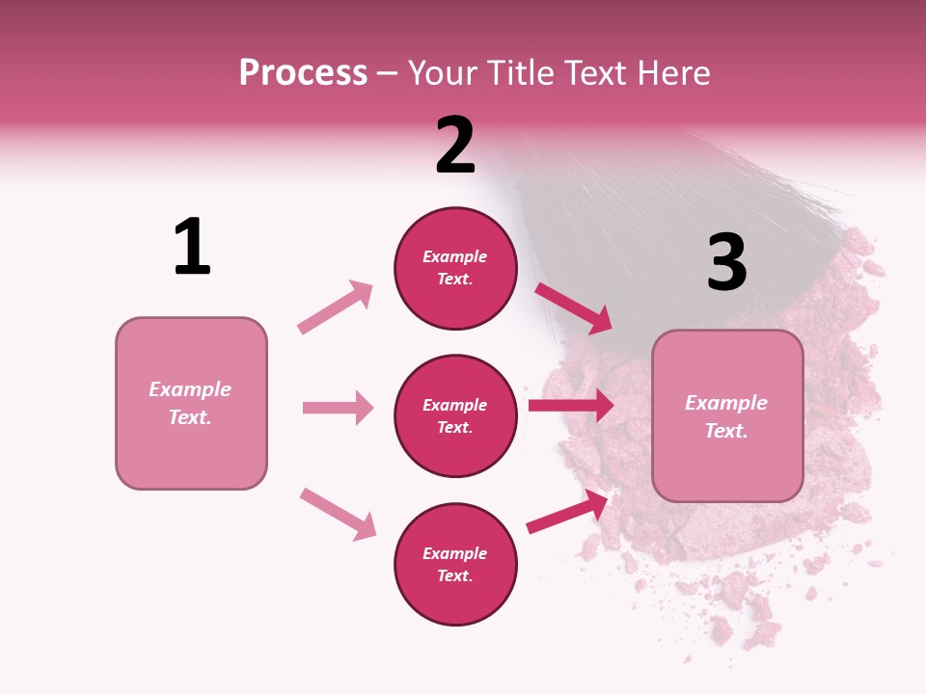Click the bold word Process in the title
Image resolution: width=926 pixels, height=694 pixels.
pos(303,73)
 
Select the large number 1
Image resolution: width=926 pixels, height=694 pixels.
pos(192,247)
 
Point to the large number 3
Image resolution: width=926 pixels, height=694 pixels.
pos(726,263)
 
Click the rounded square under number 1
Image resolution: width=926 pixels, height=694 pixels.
pos(191,403)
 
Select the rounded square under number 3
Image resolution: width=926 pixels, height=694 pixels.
pos(727,416)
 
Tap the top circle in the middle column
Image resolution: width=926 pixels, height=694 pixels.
pos(455,268)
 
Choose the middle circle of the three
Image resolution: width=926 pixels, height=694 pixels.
pos(455,416)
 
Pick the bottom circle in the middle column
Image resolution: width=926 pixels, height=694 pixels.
pos(455,565)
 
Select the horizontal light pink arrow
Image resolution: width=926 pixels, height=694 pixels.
pos(339,408)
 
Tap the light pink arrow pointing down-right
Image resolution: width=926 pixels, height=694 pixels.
pos(339,514)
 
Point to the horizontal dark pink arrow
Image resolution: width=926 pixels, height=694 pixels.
pos(571,406)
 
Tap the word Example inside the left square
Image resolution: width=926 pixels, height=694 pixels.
pos(190,389)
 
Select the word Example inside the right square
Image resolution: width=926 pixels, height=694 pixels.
pos(726,403)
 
